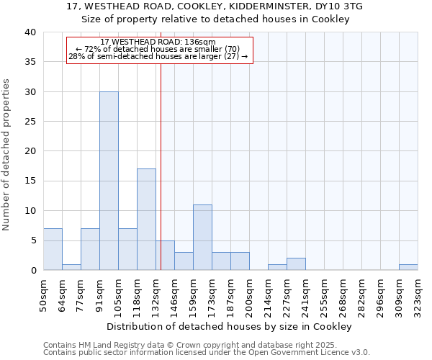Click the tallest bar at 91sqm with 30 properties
tap(109, 181)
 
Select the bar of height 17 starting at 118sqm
tap(146, 220)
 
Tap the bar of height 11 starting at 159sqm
tap(202, 238)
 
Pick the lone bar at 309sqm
tap(408, 267)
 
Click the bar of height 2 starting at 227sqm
tap(296, 264)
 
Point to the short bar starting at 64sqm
tap(71, 267)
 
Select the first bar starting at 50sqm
tap(53, 249)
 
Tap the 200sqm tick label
tap(248, 295)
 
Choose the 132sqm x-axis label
tap(155, 295)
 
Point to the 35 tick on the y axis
tap(30, 62)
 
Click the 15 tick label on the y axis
tap(30, 181)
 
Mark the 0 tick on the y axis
tap(32, 270)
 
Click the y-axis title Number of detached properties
tap(8, 151)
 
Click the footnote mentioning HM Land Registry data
tap(180, 345)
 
